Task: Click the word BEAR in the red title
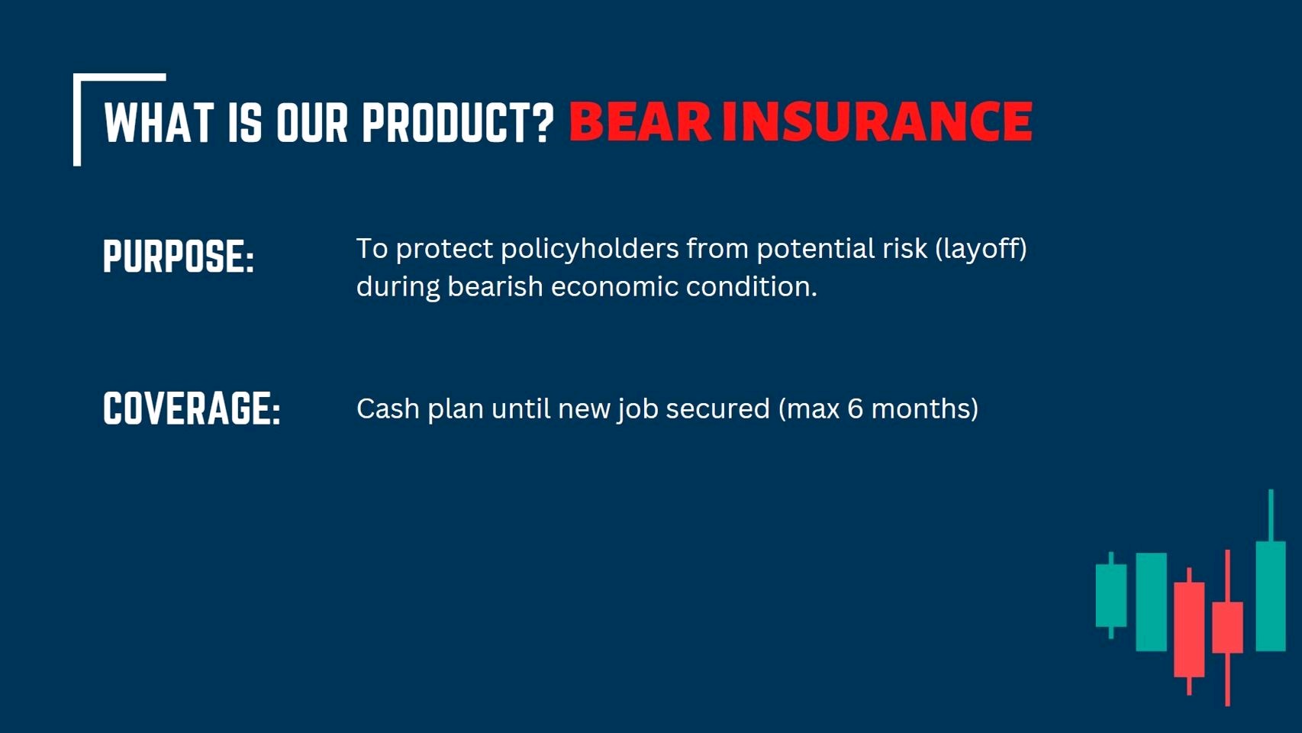point(640,121)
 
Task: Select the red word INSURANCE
point(877,121)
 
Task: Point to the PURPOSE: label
point(179,256)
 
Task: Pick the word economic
point(614,287)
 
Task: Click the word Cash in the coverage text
point(388,408)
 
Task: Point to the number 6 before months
point(856,408)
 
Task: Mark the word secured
point(718,408)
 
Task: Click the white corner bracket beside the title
point(77,119)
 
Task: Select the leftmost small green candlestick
point(1110,595)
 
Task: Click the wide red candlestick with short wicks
point(1189,629)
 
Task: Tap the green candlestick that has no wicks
point(1152,602)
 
